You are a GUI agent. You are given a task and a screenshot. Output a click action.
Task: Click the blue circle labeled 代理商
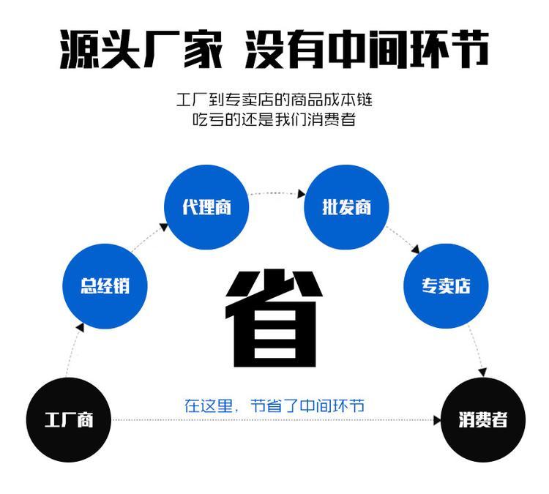[x=206, y=207]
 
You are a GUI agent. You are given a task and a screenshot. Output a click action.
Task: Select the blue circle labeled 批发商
[x=346, y=207]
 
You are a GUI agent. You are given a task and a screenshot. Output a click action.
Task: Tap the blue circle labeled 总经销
[x=105, y=286]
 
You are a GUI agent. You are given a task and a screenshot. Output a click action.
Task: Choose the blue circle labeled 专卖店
[x=445, y=286]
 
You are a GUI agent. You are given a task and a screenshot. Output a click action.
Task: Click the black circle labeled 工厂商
[x=68, y=420]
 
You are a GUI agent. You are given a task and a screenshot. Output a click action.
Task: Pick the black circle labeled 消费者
[x=483, y=420]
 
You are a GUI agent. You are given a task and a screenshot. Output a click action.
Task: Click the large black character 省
[x=274, y=319]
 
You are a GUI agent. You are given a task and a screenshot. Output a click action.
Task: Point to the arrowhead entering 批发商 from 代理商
[x=301, y=195]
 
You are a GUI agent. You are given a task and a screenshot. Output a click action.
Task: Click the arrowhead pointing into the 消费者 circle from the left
[x=437, y=421]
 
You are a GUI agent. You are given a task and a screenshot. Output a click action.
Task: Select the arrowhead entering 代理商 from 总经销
[x=163, y=228]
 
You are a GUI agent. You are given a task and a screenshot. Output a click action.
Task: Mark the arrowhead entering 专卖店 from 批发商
[x=415, y=250]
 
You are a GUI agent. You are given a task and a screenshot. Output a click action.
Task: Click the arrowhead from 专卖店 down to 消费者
[x=481, y=373]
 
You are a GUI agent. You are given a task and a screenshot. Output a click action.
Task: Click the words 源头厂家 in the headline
[x=139, y=49]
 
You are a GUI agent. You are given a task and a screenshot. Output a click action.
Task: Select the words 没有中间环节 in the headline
[x=366, y=49]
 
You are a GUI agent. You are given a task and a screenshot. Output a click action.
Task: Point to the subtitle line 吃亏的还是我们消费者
[x=274, y=119]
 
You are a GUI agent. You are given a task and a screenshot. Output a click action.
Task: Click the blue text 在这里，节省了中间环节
[x=274, y=405]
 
